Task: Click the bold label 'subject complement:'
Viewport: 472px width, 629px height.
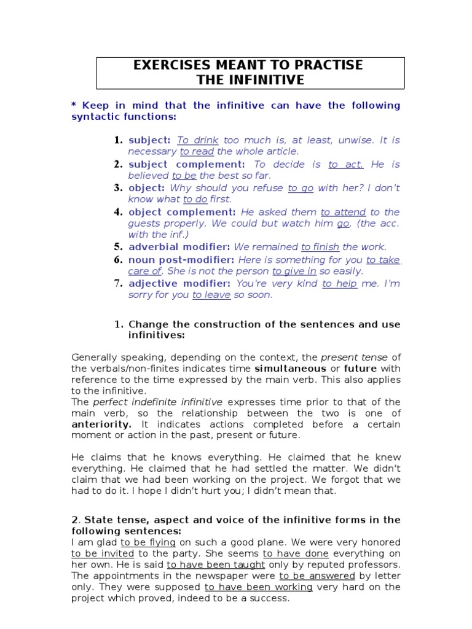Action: [x=186, y=165]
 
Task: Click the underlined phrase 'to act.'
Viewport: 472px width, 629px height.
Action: [x=346, y=165]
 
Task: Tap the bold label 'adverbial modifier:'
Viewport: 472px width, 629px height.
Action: [x=179, y=247]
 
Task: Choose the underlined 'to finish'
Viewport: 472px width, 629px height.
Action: [x=320, y=247]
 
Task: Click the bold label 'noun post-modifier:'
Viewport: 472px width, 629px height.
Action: [x=181, y=260]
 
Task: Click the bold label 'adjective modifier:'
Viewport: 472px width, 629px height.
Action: [x=179, y=284]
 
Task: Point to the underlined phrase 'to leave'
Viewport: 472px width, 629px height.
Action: [x=211, y=295]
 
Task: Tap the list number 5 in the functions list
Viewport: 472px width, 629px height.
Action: [x=119, y=247]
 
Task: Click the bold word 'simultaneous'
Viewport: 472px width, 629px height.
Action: [x=291, y=369]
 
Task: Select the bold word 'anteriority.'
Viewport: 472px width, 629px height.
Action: [x=101, y=424]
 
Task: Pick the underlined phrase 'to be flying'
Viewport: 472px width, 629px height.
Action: [x=148, y=542]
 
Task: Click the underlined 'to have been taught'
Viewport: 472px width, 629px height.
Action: [x=216, y=565]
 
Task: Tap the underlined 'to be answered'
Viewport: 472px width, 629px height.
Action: [x=317, y=576]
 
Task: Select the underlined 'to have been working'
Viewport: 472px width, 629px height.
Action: [x=259, y=587]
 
